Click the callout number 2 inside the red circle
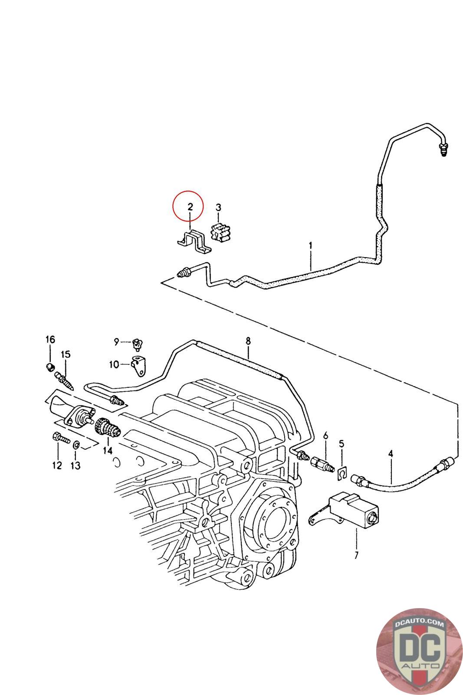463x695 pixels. click(190, 207)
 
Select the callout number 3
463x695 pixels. click(218, 207)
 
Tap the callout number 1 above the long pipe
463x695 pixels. click(311, 246)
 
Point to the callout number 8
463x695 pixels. click(248, 341)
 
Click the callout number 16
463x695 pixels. click(50, 339)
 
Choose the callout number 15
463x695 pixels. click(65, 354)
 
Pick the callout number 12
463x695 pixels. click(57, 466)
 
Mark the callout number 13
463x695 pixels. click(76, 466)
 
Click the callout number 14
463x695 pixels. click(108, 450)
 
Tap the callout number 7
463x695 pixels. click(356, 555)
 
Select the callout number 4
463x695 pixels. click(391, 453)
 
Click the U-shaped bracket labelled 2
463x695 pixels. click(194, 242)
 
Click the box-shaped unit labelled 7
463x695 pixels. click(352, 507)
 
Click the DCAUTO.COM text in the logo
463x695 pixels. click(420, 624)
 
